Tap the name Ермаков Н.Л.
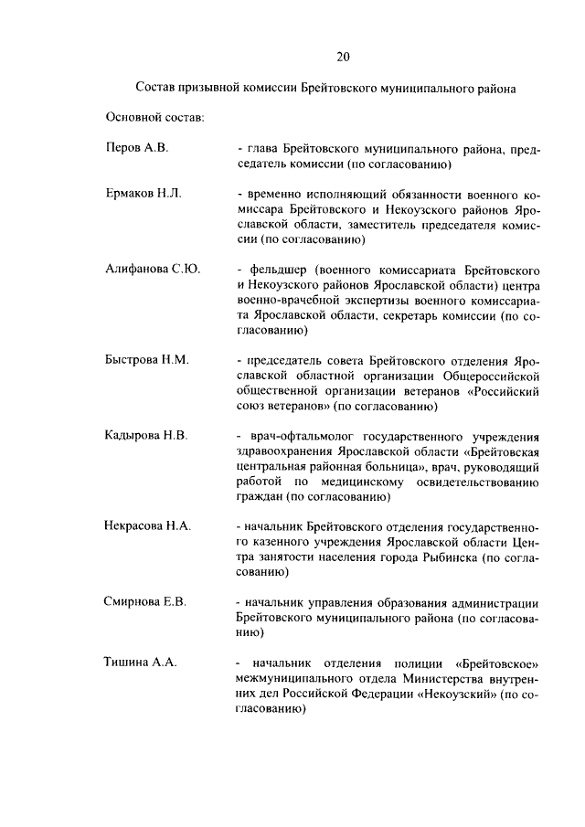point(144,195)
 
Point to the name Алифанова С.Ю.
point(152,270)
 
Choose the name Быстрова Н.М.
point(146,360)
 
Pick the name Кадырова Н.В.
point(146,435)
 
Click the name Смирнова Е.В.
point(145,601)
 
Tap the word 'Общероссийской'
point(490,376)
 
